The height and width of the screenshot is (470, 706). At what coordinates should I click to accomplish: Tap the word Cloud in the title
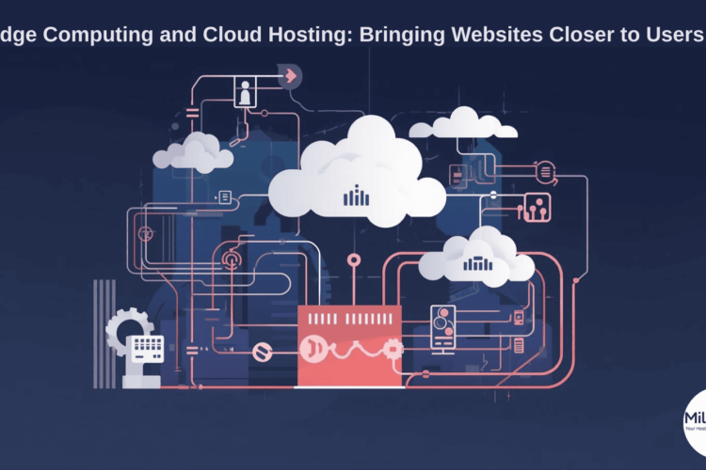(x=226, y=35)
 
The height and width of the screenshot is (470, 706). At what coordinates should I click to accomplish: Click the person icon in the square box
(x=245, y=93)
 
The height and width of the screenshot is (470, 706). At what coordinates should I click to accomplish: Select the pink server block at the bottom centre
(x=349, y=345)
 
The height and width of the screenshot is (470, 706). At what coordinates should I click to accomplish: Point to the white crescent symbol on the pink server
(x=310, y=349)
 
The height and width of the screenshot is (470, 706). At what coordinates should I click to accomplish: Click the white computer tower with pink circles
(x=442, y=332)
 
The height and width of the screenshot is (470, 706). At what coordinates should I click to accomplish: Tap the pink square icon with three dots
(x=538, y=207)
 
